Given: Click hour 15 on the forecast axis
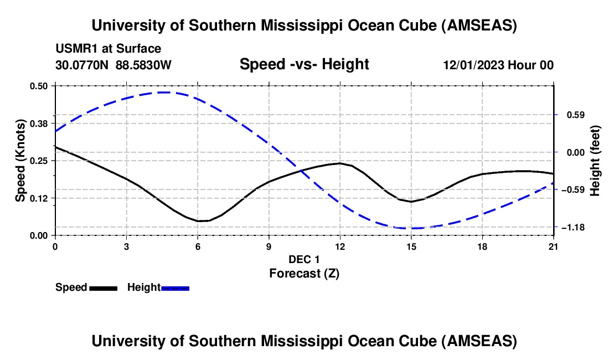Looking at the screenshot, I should point(411,246).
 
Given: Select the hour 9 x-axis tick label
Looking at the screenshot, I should point(269,246).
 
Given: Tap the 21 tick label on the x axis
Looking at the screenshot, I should point(554,246).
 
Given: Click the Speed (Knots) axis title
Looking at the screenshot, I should point(20,161).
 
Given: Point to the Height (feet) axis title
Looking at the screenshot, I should point(595,161).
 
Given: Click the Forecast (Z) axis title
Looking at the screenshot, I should point(304,273).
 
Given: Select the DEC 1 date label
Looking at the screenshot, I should point(304,259).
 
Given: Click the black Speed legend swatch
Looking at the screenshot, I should point(103,287).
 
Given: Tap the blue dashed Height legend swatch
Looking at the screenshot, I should point(175,287).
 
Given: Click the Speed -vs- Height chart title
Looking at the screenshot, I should point(304,65).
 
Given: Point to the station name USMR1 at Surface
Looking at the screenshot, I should point(108,49).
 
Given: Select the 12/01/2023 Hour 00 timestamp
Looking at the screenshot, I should point(498,65).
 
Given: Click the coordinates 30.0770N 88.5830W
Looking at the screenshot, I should point(113,65).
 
